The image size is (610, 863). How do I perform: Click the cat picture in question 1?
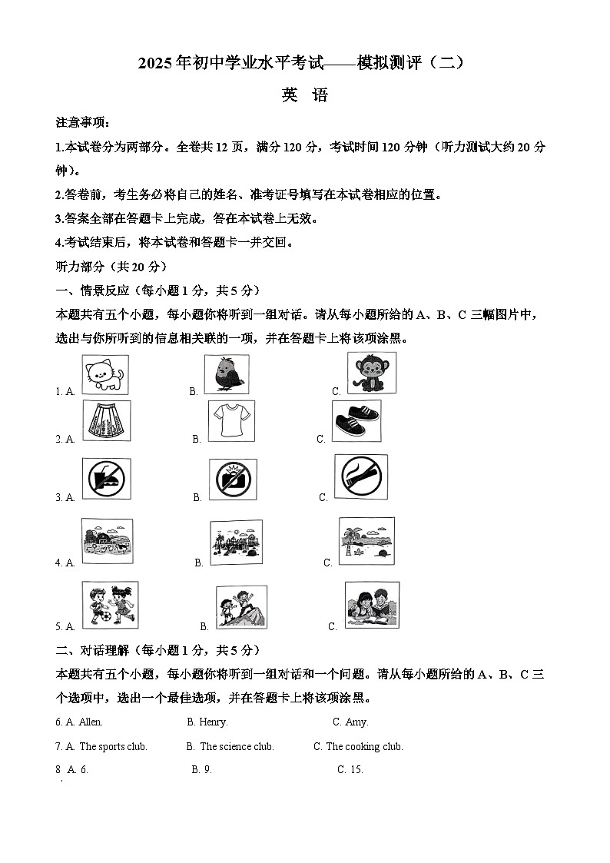105,374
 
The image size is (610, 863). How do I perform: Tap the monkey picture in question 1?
372,373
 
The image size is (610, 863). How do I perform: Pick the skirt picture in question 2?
106,420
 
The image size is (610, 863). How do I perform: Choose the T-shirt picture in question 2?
230,421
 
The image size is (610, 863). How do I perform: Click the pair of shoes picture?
356,420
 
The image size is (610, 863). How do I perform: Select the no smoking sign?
360,476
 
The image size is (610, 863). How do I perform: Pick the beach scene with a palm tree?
366,541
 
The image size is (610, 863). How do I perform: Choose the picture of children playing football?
110,605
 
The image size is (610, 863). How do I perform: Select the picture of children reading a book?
372,605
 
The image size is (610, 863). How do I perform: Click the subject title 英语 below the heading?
304,95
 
